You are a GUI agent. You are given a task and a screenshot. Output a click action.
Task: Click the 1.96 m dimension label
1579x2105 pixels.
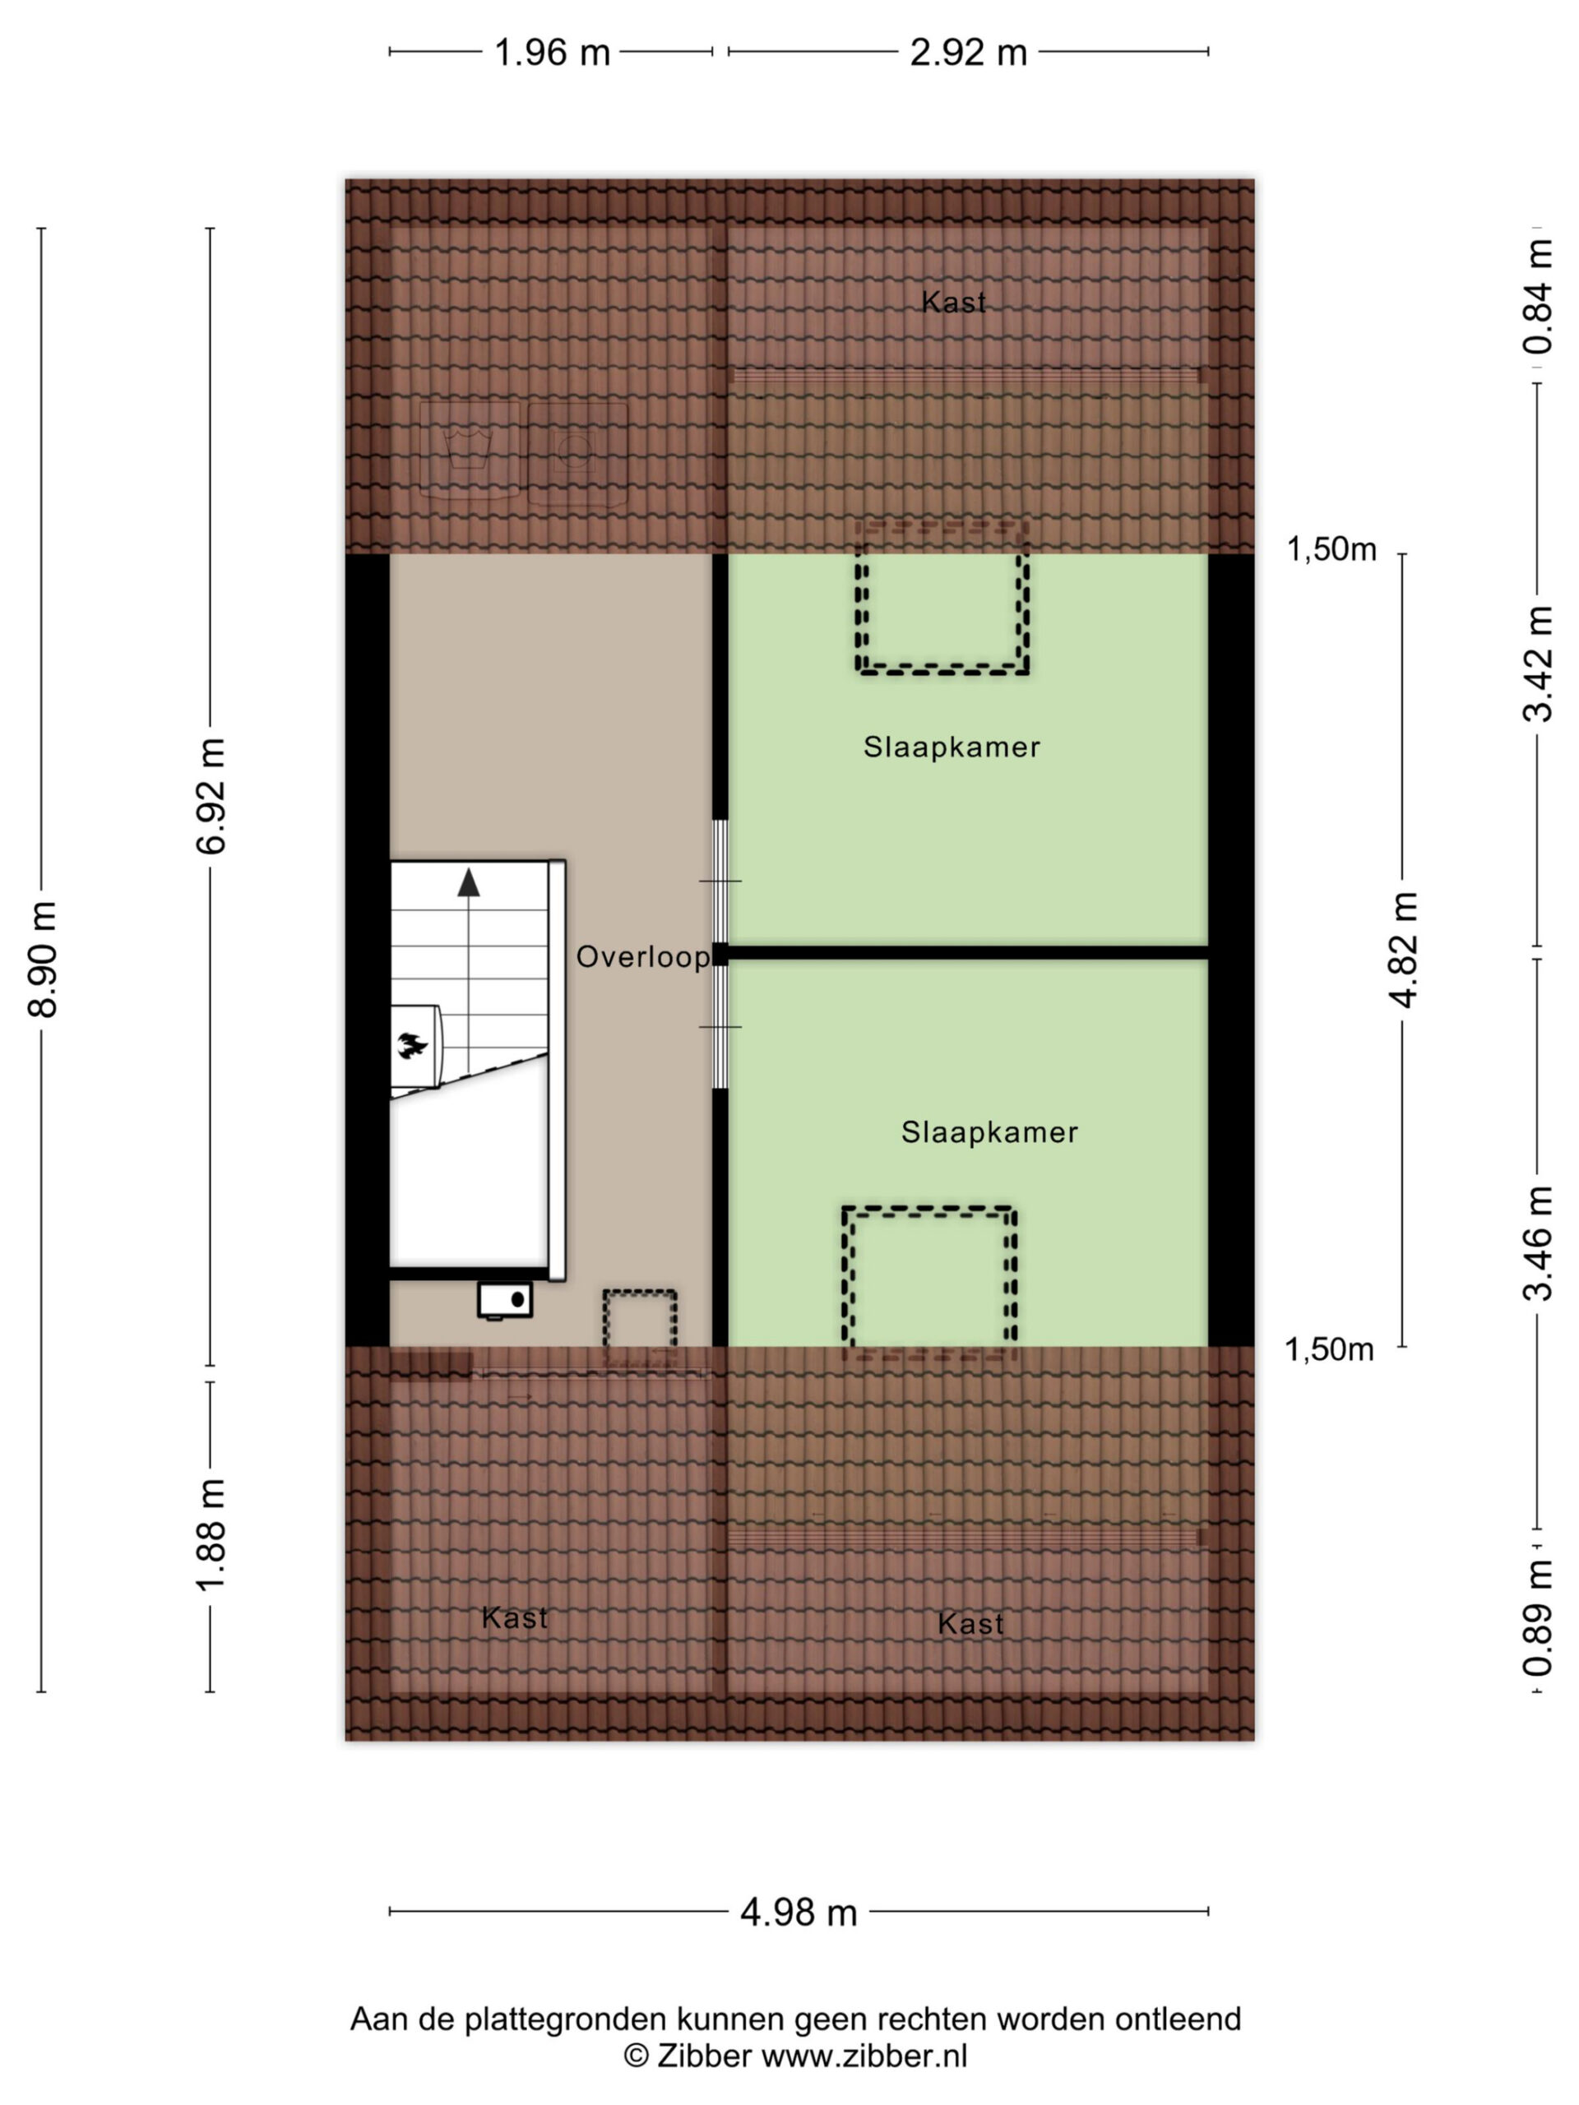pos(551,53)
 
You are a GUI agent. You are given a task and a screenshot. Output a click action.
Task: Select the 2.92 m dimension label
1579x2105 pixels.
pos(968,53)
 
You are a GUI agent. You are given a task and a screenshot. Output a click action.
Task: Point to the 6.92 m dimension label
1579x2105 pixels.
pos(211,796)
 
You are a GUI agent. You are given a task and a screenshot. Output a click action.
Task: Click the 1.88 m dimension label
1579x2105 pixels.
pos(211,1534)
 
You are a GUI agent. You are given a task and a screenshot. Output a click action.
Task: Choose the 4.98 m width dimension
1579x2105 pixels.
pos(799,1912)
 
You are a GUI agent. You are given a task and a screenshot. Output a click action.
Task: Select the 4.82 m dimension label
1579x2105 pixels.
pos(1404,950)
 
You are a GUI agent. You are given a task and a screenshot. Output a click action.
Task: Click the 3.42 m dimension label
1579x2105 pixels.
pos(1538,664)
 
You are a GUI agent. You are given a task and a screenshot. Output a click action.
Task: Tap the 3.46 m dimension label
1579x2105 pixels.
pos(1538,1244)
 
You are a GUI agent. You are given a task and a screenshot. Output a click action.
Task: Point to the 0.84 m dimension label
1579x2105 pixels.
pos(1538,296)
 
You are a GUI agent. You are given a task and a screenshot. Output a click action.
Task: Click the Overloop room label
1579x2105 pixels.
pos(643,956)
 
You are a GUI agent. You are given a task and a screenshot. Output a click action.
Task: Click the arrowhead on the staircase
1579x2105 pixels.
pos(468,882)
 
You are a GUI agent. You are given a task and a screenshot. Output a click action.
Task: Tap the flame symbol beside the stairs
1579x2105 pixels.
pos(412,1046)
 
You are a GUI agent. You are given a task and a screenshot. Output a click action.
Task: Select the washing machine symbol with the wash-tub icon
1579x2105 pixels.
pos(470,449)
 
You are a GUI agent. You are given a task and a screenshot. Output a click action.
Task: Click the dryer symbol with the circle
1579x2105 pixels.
pos(577,453)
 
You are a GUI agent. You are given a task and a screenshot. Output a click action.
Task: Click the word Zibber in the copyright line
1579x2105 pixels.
pos(703,2056)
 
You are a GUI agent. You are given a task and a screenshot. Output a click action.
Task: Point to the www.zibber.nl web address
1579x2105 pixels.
pos(864,2056)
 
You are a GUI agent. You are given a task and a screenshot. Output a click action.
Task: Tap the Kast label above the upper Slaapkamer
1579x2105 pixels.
pos(954,302)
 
